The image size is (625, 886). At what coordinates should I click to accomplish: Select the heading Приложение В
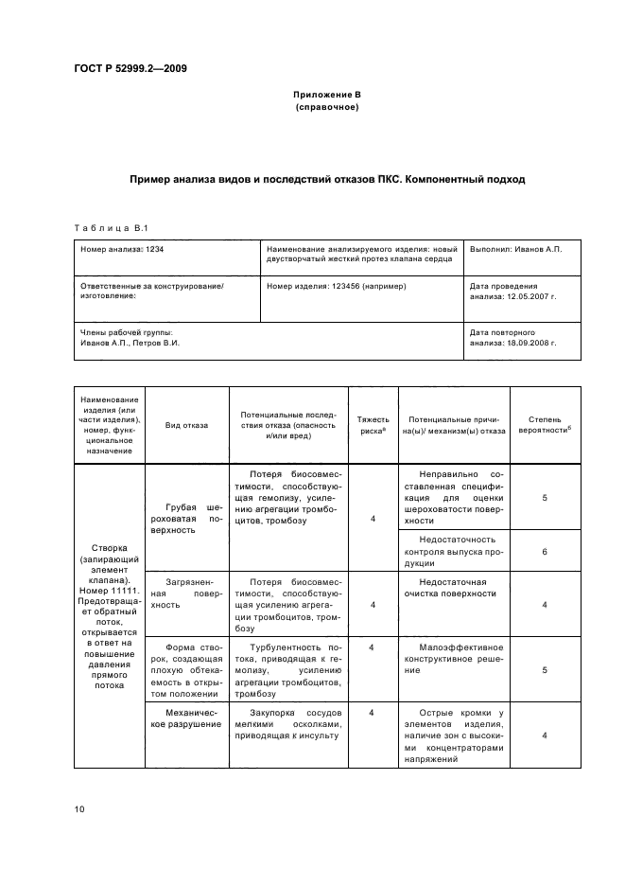(326, 96)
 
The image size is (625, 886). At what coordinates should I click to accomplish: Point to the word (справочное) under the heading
(326, 108)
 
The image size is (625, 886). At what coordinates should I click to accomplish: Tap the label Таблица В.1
(111, 227)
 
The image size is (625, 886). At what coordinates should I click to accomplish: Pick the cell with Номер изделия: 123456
(337, 285)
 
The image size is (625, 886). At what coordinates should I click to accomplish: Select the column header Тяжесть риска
(372, 424)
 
